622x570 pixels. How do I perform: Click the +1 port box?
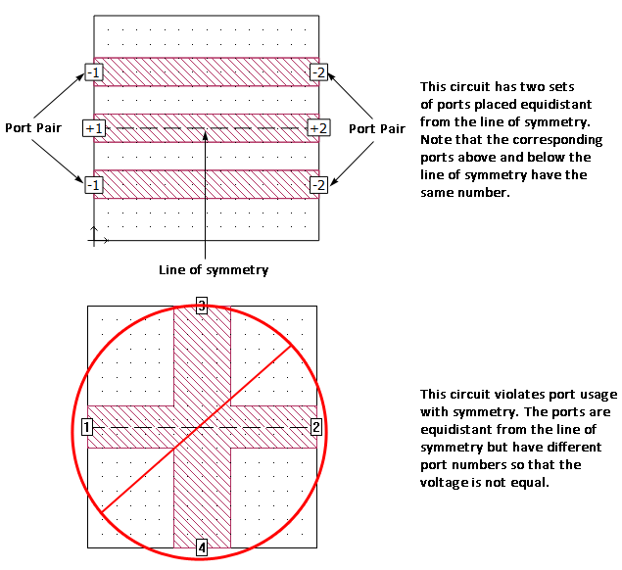coord(94,128)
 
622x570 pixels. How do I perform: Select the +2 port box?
coord(318,128)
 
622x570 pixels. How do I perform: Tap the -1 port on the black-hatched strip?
coord(93,71)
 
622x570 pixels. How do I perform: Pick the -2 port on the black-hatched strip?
coord(318,71)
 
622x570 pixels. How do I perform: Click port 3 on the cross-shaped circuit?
coord(202,306)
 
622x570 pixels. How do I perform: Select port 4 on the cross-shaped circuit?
coord(202,547)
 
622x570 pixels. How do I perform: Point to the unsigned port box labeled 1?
coord(87,427)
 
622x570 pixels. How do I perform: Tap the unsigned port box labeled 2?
coord(316,427)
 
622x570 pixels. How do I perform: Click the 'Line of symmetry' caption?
coord(213,269)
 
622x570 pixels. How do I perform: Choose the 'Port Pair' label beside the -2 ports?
coord(377,128)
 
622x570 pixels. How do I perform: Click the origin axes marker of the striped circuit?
coord(96,237)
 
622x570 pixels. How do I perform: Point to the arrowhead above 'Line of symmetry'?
coord(204,134)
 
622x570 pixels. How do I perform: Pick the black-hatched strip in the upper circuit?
coord(206,71)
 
